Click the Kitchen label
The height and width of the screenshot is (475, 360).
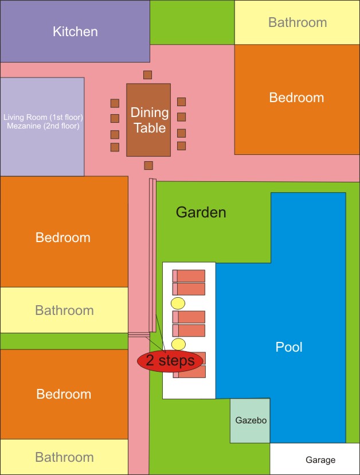coord(75,32)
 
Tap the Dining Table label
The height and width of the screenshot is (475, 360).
coord(150,120)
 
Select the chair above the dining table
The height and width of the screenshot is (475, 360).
coord(147,75)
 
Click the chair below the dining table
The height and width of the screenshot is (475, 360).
coord(148,165)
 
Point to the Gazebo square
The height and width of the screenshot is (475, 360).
coord(250,421)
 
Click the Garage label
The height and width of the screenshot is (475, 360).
coord(320,460)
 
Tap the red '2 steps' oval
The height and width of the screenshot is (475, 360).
coord(170,361)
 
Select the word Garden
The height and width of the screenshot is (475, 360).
coord(201,212)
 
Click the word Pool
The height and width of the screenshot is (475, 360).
coord(289,347)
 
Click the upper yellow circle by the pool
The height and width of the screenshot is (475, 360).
coord(178,303)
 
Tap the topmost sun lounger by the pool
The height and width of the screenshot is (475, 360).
coord(189,276)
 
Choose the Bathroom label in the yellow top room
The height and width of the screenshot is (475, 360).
coord(298,22)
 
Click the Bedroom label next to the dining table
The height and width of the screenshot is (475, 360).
coord(296,98)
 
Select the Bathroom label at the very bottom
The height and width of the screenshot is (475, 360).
coord(64,457)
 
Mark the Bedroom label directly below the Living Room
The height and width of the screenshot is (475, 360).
coord(63,237)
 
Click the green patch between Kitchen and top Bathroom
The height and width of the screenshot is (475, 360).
coord(192,22)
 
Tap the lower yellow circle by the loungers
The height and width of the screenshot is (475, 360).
coord(178,344)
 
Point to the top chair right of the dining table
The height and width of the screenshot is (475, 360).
coord(181,102)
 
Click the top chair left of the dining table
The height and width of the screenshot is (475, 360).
coord(115,103)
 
